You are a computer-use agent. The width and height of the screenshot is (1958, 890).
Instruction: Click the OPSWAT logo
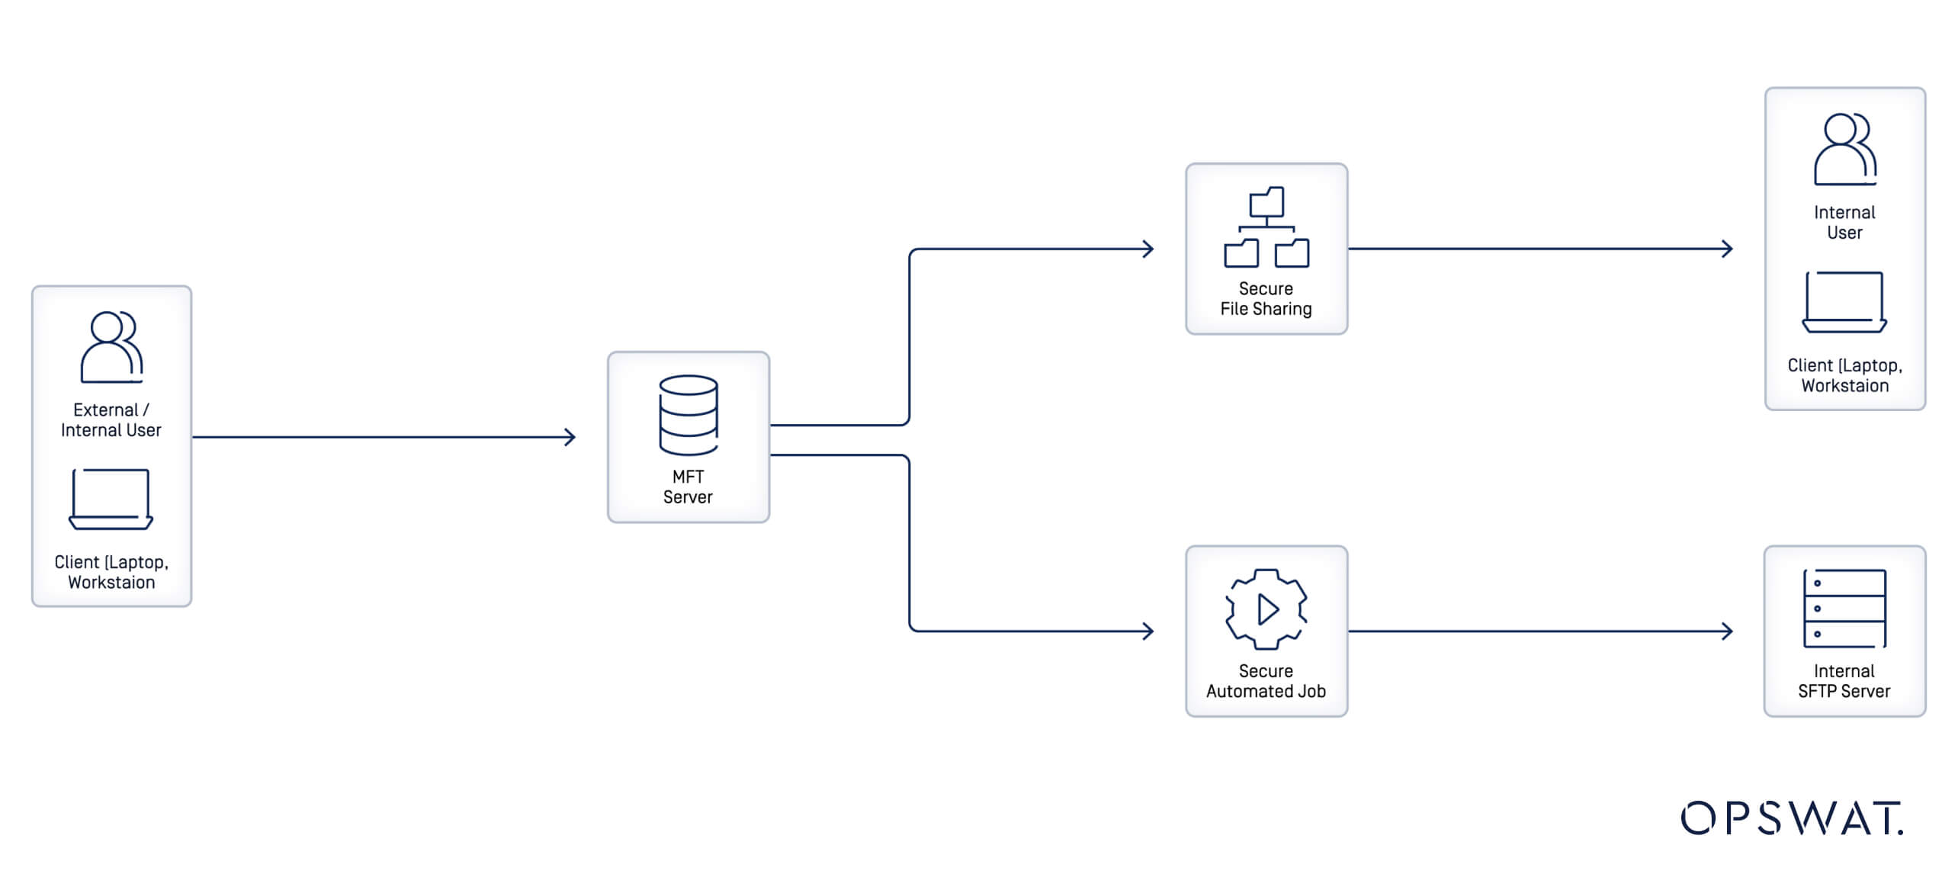pos(1791,818)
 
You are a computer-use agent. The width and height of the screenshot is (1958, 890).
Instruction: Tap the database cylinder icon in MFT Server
pos(688,416)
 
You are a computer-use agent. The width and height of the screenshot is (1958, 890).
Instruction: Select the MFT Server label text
pos(688,487)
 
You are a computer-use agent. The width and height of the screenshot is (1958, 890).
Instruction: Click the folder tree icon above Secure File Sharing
pos(1266,227)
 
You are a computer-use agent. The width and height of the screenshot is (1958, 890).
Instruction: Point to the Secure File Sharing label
pos(1266,299)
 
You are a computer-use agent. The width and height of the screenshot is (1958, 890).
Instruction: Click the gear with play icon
pos(1266,609)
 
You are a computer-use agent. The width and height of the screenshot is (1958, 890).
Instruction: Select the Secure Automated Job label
pos(1266,681)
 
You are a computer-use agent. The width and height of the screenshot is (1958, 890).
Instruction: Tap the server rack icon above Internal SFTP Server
pos(1844,609)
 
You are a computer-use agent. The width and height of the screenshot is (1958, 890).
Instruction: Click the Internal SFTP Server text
pos(1844,681)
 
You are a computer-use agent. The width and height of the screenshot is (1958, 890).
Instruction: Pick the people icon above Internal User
pos(1844,149)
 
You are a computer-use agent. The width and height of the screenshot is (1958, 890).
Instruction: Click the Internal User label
pos(1844,223)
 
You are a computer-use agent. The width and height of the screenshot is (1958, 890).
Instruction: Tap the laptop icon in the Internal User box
pos(1844,303)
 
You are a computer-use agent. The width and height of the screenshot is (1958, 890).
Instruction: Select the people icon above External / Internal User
pos(111,347)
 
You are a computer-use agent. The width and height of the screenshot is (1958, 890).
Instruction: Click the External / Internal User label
pos(111,420)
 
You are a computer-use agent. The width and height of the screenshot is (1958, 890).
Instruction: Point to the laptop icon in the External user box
pos(111,500)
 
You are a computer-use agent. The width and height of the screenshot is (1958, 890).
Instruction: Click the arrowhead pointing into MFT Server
pos(570,437)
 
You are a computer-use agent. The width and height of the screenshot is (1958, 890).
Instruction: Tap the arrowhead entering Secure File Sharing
pos(1148,249)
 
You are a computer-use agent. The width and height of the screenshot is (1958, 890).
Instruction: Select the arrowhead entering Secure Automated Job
pos(1148,631)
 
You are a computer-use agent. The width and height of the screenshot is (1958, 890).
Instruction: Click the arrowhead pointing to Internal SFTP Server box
pos(1727,631)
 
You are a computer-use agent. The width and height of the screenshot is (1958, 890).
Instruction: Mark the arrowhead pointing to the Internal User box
pos(1727,249)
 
